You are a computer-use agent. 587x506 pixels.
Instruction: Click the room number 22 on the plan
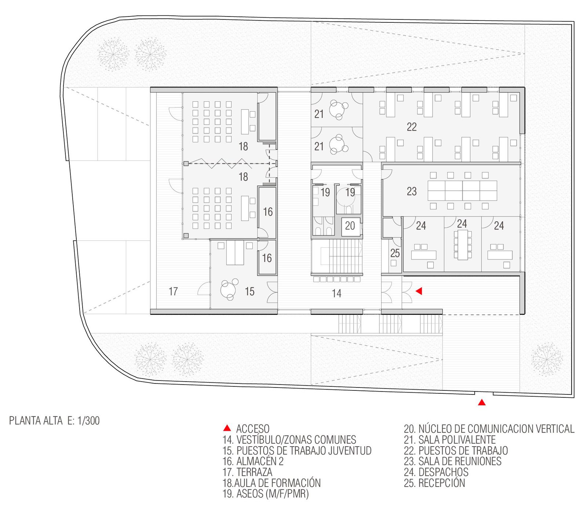[x=412, y=127]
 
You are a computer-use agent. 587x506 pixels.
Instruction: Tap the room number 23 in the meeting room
[x=412, y=191]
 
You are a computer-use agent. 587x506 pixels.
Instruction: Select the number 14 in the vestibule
[x=336, y=293]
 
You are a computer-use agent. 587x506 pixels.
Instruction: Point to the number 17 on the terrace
[x=173, y=291]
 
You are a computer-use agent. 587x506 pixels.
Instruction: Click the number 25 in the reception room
[x=395, y=253]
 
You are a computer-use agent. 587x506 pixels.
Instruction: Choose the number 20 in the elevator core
[x=350, y=226]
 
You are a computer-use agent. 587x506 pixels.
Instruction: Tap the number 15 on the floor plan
[x=249, y=291]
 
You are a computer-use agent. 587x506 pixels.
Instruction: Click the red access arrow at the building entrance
[x=419, y=291]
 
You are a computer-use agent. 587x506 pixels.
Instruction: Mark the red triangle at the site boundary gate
[x=482, y=403]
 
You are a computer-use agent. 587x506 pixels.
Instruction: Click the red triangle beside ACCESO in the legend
[x=227, y=428]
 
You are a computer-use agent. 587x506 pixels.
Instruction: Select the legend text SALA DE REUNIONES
[x=460, y=461]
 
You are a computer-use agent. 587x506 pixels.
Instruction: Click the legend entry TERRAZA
[x=254, y=472]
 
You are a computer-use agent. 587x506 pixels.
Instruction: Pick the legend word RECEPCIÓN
[x=442, y=483]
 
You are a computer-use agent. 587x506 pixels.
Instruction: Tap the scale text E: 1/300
[x=84, y=421]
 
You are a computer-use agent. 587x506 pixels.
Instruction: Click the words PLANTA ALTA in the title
[x=36, y=421]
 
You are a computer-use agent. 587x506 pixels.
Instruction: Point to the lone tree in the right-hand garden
[x=547, y=359]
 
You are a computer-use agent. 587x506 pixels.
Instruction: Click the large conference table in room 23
[x=462, y=191]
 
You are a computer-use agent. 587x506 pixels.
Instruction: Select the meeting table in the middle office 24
[x=463, y=245]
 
